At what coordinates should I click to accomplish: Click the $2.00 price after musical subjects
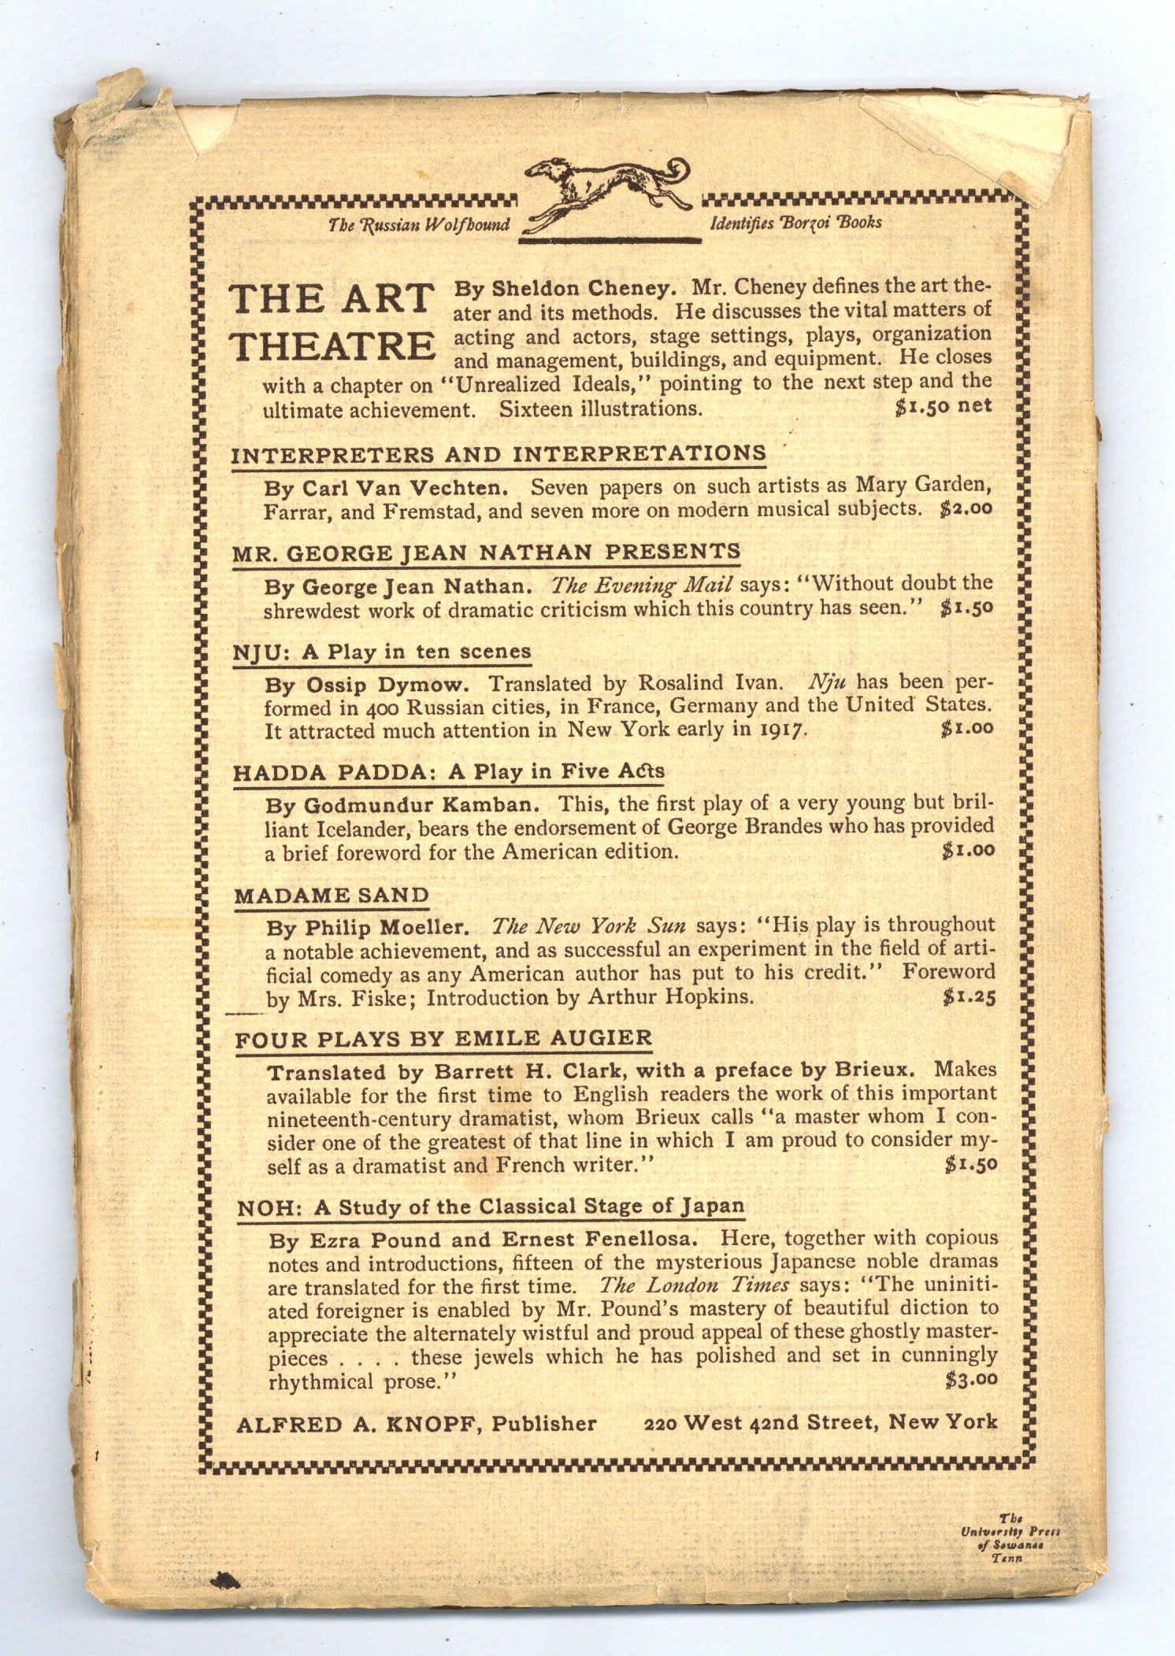(966, 508)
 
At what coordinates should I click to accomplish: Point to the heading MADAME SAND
(332, 896)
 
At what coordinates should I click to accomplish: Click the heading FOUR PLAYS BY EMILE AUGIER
(443, 1039)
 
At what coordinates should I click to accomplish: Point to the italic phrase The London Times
(694, 1285)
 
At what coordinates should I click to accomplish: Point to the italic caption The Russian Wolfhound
(419, 224)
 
